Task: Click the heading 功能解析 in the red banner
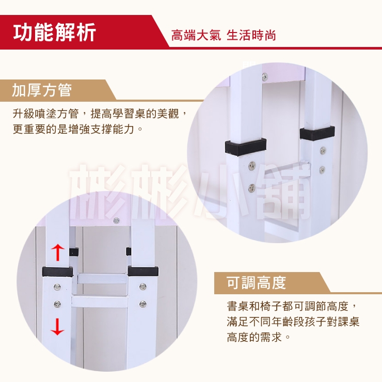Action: click(x=55, y=32)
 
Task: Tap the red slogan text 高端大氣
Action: click(x=196, y=35)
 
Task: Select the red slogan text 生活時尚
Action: click(x=251, y=35)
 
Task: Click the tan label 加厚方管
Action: click(x=42, y=90)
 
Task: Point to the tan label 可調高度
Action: click(x=256, y=282)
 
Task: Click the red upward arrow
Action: click(x=58, y=252)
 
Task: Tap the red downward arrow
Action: click(x=57, y=327)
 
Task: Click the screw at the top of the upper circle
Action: click(x=265, y=77)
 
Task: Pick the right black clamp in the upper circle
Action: click(x=317, y=133)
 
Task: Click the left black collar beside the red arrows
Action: click(x=57, y=272)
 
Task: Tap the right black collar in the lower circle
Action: click(x=143, y=271)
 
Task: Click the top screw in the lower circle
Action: click(x=117, y=221)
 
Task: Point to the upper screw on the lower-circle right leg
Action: click(x=142, y=286)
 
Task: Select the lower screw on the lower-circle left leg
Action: click(x=57, y=304)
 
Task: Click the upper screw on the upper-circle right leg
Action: click(x=323, y=150)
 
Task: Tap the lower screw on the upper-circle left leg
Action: click(x=252, y=187)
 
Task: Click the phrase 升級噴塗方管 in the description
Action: click(x=46, y=114)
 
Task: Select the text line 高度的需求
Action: click(x=254, y=337)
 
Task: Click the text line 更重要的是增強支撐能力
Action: click(x=73, y=129)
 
